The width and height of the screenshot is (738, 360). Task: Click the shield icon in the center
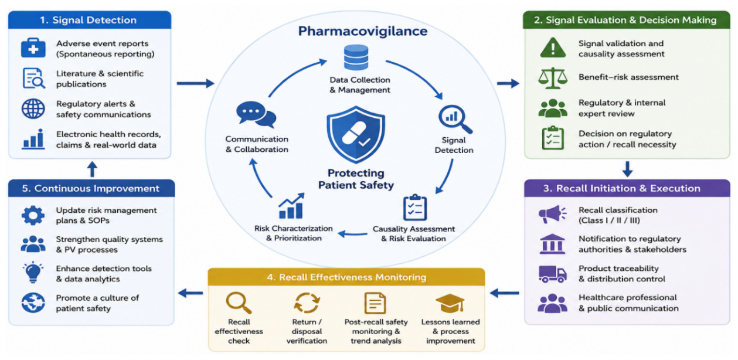pos(356,134)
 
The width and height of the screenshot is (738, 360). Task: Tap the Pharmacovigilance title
pos(363,31)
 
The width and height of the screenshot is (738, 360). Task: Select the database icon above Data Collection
pos(356,57)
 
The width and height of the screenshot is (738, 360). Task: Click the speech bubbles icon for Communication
pos(256,114)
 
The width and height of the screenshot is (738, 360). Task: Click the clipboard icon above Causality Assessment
pos(415,207)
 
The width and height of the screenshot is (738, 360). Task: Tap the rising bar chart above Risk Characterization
pos(291,206)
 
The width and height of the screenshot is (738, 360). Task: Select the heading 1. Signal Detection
pos(89,20)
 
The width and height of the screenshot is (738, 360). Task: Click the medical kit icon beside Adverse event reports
pos(33,48)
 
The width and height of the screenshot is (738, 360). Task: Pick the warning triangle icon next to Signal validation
pos(553,48)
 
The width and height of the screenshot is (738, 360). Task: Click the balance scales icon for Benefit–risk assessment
pos(553,78)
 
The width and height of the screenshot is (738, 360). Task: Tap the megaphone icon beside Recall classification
pos(553,214)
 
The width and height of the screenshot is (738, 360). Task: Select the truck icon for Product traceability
pos(553,274)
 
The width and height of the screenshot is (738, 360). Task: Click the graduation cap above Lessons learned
pos(450,303)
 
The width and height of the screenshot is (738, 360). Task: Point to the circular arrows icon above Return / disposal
pos(307,303)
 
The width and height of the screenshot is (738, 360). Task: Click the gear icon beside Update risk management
pos(33,216)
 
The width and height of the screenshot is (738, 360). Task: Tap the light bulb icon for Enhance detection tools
pos(33,272)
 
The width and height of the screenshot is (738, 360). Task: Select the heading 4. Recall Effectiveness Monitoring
pos(346,277)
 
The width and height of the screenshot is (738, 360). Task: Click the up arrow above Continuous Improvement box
pos(92,169)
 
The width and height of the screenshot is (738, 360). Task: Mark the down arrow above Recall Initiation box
pos(627,169)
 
